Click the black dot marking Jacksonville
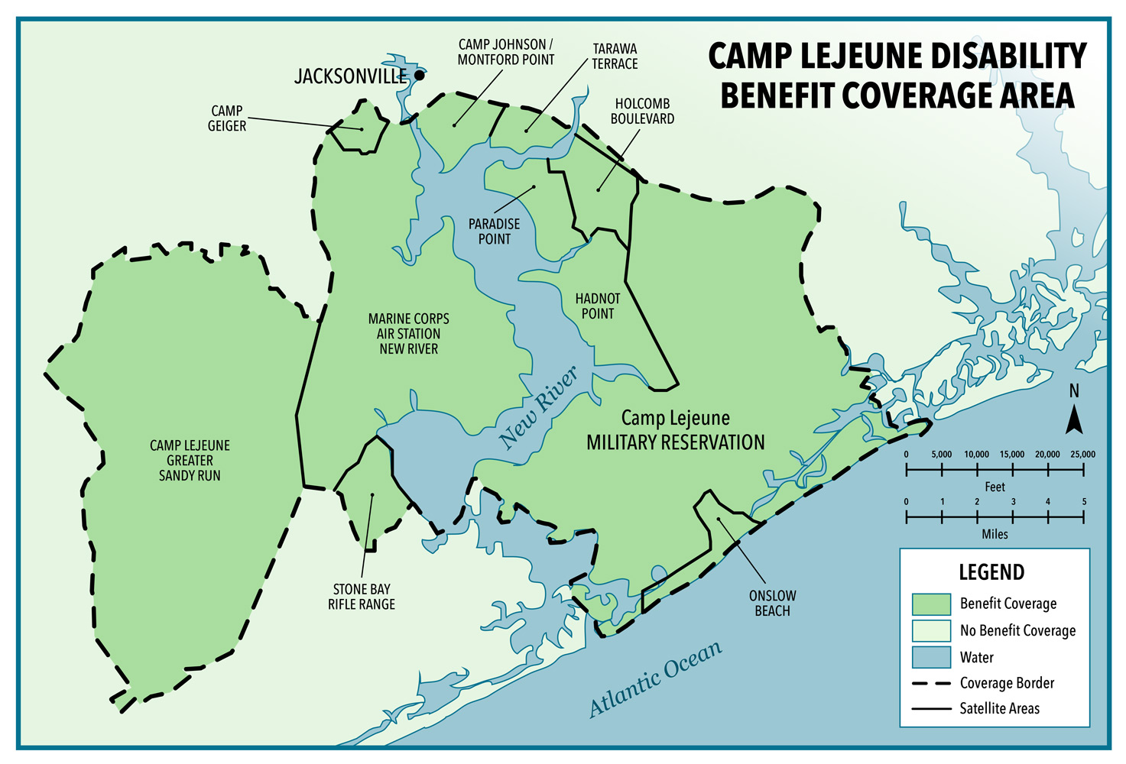[x=419, y=76]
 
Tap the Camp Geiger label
[x=227, y=118]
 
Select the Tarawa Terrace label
[x=615, y=57]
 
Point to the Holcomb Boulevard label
[x=642, y=112]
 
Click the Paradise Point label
[x=494, y=231]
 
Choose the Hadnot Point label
[x=598, y=306]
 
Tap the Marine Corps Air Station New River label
[x=408, y=334]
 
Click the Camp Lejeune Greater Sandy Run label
[x=190, y=460]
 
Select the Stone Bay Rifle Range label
[x=362, y=597]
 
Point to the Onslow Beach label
[x=772, y=603]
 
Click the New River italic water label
[x=538, y=407]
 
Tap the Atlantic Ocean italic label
[x=656, y=678]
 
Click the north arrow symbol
[x=1074, y=419]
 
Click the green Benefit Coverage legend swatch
[x=931, y=604]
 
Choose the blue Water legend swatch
[x=931, y=657]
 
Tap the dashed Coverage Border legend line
[x=931, y=683]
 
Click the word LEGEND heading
[x=991, y=572]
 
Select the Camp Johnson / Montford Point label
[x=506, y=52]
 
